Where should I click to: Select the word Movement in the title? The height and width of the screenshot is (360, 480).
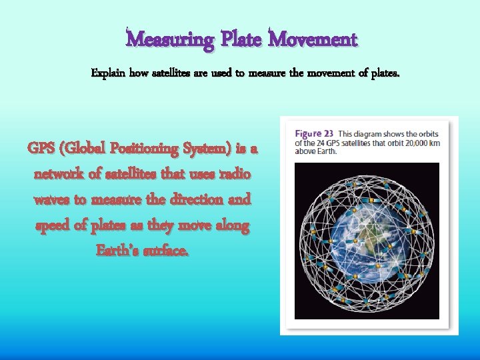click(x=313, y=40)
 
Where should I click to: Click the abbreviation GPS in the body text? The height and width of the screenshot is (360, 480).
click(x=43, y=149)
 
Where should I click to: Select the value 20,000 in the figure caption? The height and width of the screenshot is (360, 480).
click(x=419, y=141)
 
